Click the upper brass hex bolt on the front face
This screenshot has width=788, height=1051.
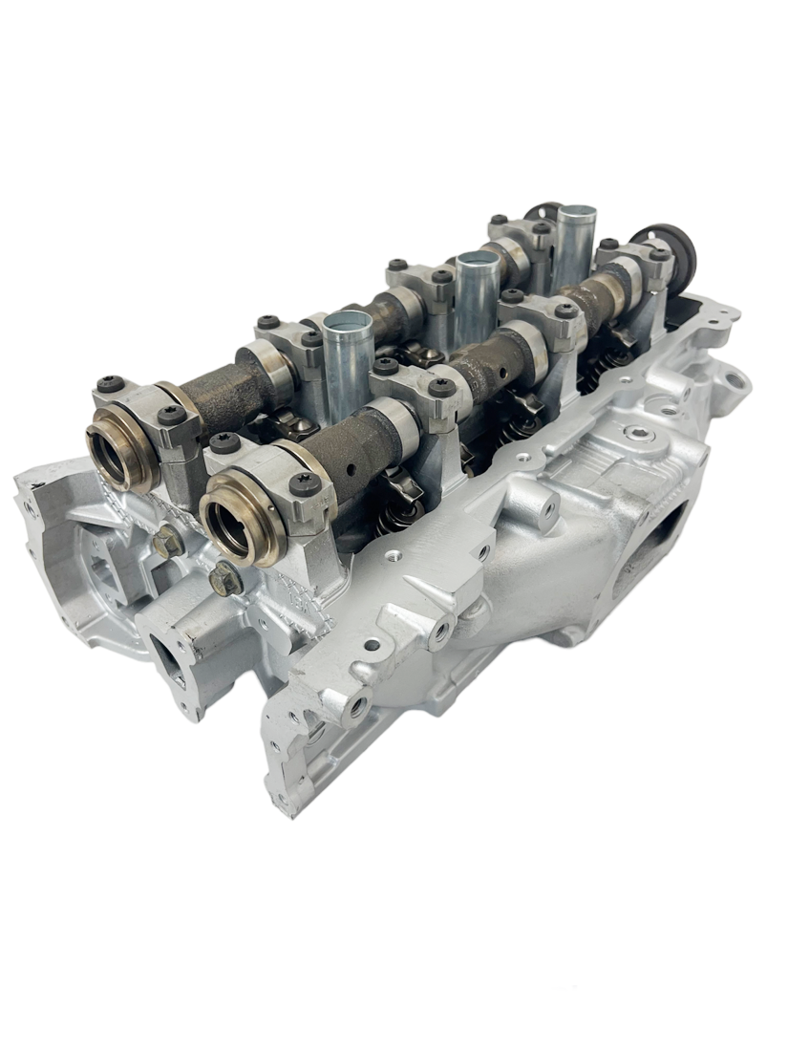point(167,542)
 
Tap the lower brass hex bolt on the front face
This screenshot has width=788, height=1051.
point(225,577)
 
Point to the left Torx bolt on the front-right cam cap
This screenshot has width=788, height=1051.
point(226,442)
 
